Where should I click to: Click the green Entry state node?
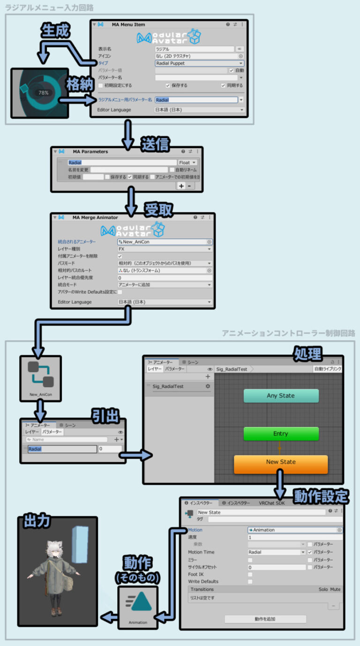pyautogui.click(x=281, y=434)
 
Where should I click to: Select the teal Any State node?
pyautogui.click(x=281, y=396)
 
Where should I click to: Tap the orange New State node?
pyautogui.click(x=281, y=462)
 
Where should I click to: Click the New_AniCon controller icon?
pyautogui.click(x=40, y=375)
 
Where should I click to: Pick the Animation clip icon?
pyautogui.click(x=138, y=603)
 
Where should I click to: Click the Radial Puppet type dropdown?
pyautogui.click(x=199, y=63)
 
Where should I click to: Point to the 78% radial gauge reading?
pyautogui.click(x=44, y=93)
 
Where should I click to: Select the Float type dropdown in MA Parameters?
pyautogui.click(x=187, y=162)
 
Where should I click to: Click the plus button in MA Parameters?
pyautogui.click(x=181, y=186)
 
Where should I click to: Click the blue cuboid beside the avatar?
pyautogui.click(x=80, y=545)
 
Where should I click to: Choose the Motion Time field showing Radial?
pyautogui.click(x=277, y=552)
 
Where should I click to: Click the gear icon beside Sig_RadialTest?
pyautogui.click(x=208, y=386)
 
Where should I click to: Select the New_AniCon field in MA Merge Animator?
pyautogui.click(x=165, y=242)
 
